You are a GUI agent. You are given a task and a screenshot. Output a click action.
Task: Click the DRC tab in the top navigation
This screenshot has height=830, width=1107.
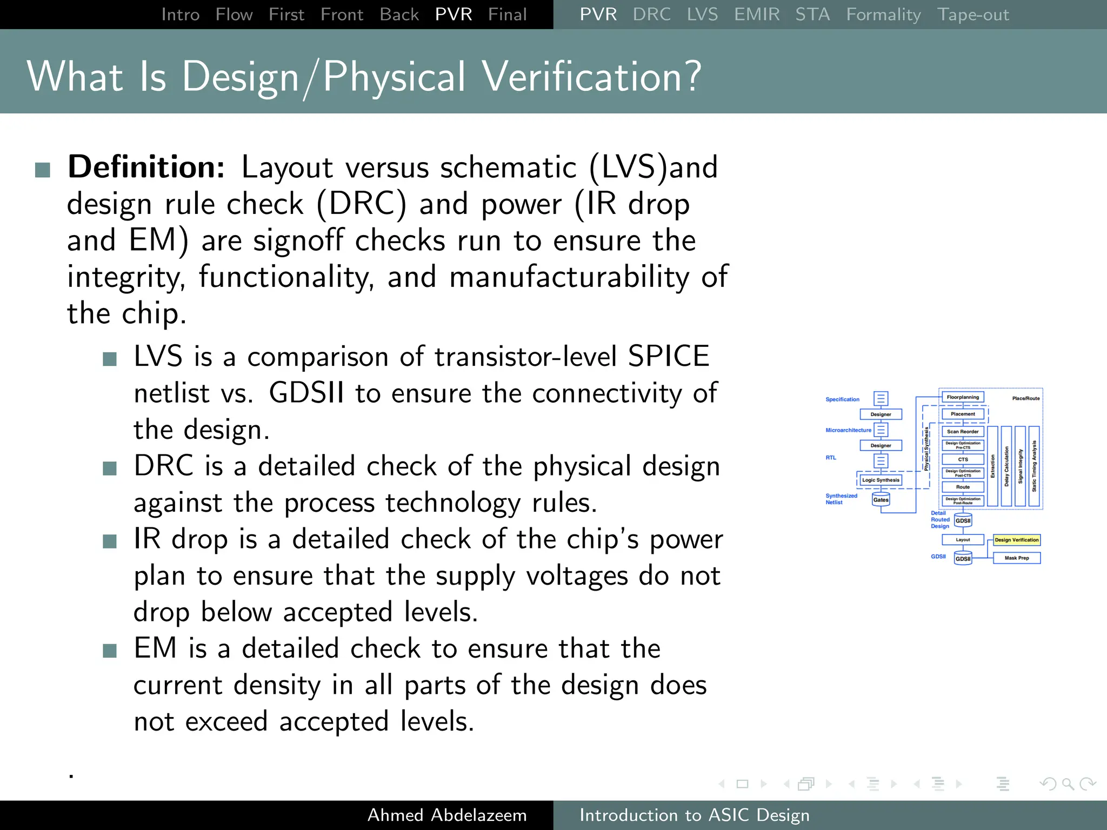pos(651,14)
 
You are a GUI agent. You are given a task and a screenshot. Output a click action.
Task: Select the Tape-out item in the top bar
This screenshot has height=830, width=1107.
pos(972,14)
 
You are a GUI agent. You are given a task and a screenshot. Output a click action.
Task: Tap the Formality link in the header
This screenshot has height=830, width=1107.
pos(883,14)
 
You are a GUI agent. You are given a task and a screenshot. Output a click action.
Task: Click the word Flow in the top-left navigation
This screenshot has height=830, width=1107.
pos(234,14)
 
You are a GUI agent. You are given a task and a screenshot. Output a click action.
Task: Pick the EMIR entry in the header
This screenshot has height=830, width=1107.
pos(756,14)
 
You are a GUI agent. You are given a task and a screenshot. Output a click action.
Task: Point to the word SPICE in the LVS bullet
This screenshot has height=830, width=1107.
pos(668,356)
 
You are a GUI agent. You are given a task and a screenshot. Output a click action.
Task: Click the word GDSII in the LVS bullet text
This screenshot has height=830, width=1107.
pos(306,393)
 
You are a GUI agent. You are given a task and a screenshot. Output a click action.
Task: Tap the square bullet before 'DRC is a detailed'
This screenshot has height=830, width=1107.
pos(110,468)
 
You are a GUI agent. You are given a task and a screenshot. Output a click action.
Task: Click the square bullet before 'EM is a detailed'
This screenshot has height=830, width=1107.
pos(110,651)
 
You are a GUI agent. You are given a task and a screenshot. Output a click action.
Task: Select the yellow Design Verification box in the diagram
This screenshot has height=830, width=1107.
pos(1016,540)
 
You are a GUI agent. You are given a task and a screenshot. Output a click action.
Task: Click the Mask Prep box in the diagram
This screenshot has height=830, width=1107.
pos(1016,558)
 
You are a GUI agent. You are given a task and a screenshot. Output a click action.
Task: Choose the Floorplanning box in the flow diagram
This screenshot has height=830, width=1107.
pos(963,397)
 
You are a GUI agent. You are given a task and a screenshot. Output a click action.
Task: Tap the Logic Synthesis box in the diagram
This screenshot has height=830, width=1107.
pos(881,480)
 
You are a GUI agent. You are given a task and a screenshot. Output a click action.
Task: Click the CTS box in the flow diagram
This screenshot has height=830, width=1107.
pos(963,459)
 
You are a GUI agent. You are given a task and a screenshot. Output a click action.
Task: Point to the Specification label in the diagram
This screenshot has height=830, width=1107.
pos(842,399)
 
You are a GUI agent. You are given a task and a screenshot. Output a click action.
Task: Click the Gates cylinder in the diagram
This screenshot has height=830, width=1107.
pos(881,499)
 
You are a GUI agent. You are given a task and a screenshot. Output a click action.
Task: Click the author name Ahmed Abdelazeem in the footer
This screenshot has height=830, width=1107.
pos(446,815)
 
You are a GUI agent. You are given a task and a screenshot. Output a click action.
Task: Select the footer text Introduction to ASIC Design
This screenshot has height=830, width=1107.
pos(694,815)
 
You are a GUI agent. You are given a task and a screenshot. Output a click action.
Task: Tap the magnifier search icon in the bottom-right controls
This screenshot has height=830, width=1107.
pos(1068,784)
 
